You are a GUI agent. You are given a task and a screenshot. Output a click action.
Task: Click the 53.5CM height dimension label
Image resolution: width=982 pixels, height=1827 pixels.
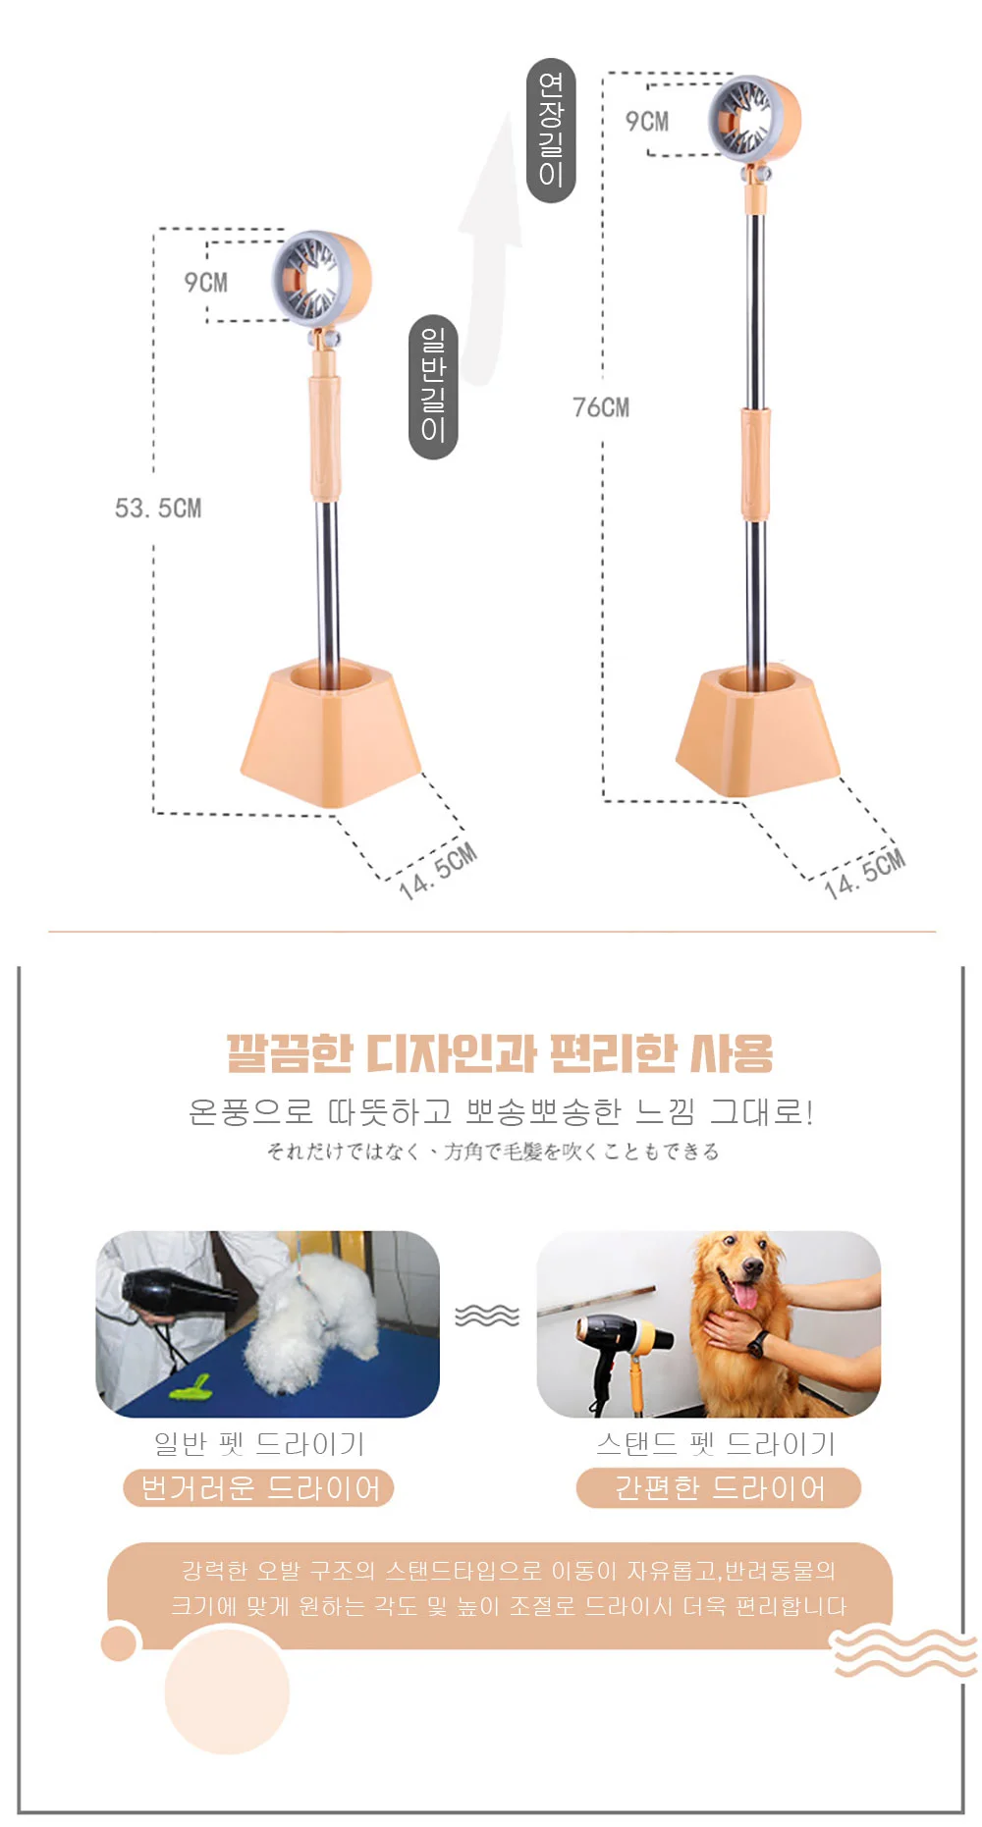click(x=158, y=509)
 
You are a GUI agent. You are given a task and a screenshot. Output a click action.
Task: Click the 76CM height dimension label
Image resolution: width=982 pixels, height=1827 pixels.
click(x=601, y=407)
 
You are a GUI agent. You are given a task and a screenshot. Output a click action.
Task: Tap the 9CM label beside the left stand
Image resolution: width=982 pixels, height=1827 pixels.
click(x=206, y=283)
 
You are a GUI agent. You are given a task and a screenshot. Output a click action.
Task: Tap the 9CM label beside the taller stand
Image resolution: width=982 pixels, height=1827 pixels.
click(x=647, y=122)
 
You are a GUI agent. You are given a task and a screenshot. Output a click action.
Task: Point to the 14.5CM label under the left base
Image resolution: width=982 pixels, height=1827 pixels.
click(x=438, y=871)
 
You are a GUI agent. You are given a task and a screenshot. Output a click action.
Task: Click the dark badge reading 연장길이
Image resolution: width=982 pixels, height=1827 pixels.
click(x=551, y=131)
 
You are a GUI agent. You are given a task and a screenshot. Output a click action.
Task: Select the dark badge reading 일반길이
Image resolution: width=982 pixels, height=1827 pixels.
click(x=433, y=387)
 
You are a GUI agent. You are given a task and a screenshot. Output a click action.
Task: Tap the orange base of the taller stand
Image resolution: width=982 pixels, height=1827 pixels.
click(x=757, y=730)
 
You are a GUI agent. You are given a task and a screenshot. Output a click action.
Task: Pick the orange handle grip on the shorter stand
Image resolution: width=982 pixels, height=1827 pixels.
click(x=326, y=437)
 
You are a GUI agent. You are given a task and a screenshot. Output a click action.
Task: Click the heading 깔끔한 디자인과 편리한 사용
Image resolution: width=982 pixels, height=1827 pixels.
click(x=500, y=1053)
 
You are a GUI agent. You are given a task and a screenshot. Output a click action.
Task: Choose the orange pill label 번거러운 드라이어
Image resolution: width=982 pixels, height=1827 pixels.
click(x=259, y=1488)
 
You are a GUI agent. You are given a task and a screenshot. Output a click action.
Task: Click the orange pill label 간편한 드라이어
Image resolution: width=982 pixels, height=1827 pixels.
click(x=719, y=1488)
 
